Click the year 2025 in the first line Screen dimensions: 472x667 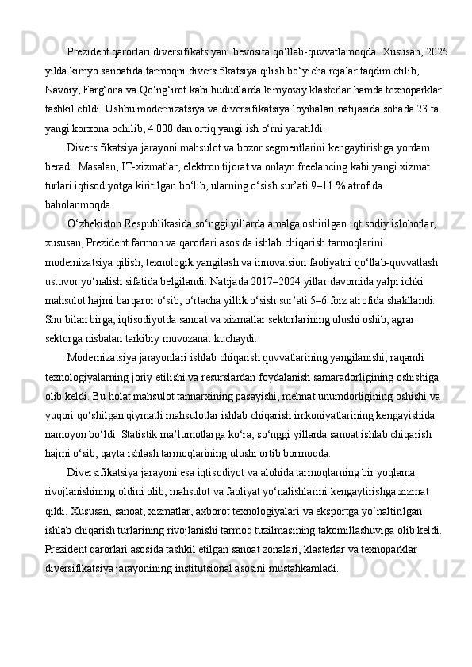coord(436,52)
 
